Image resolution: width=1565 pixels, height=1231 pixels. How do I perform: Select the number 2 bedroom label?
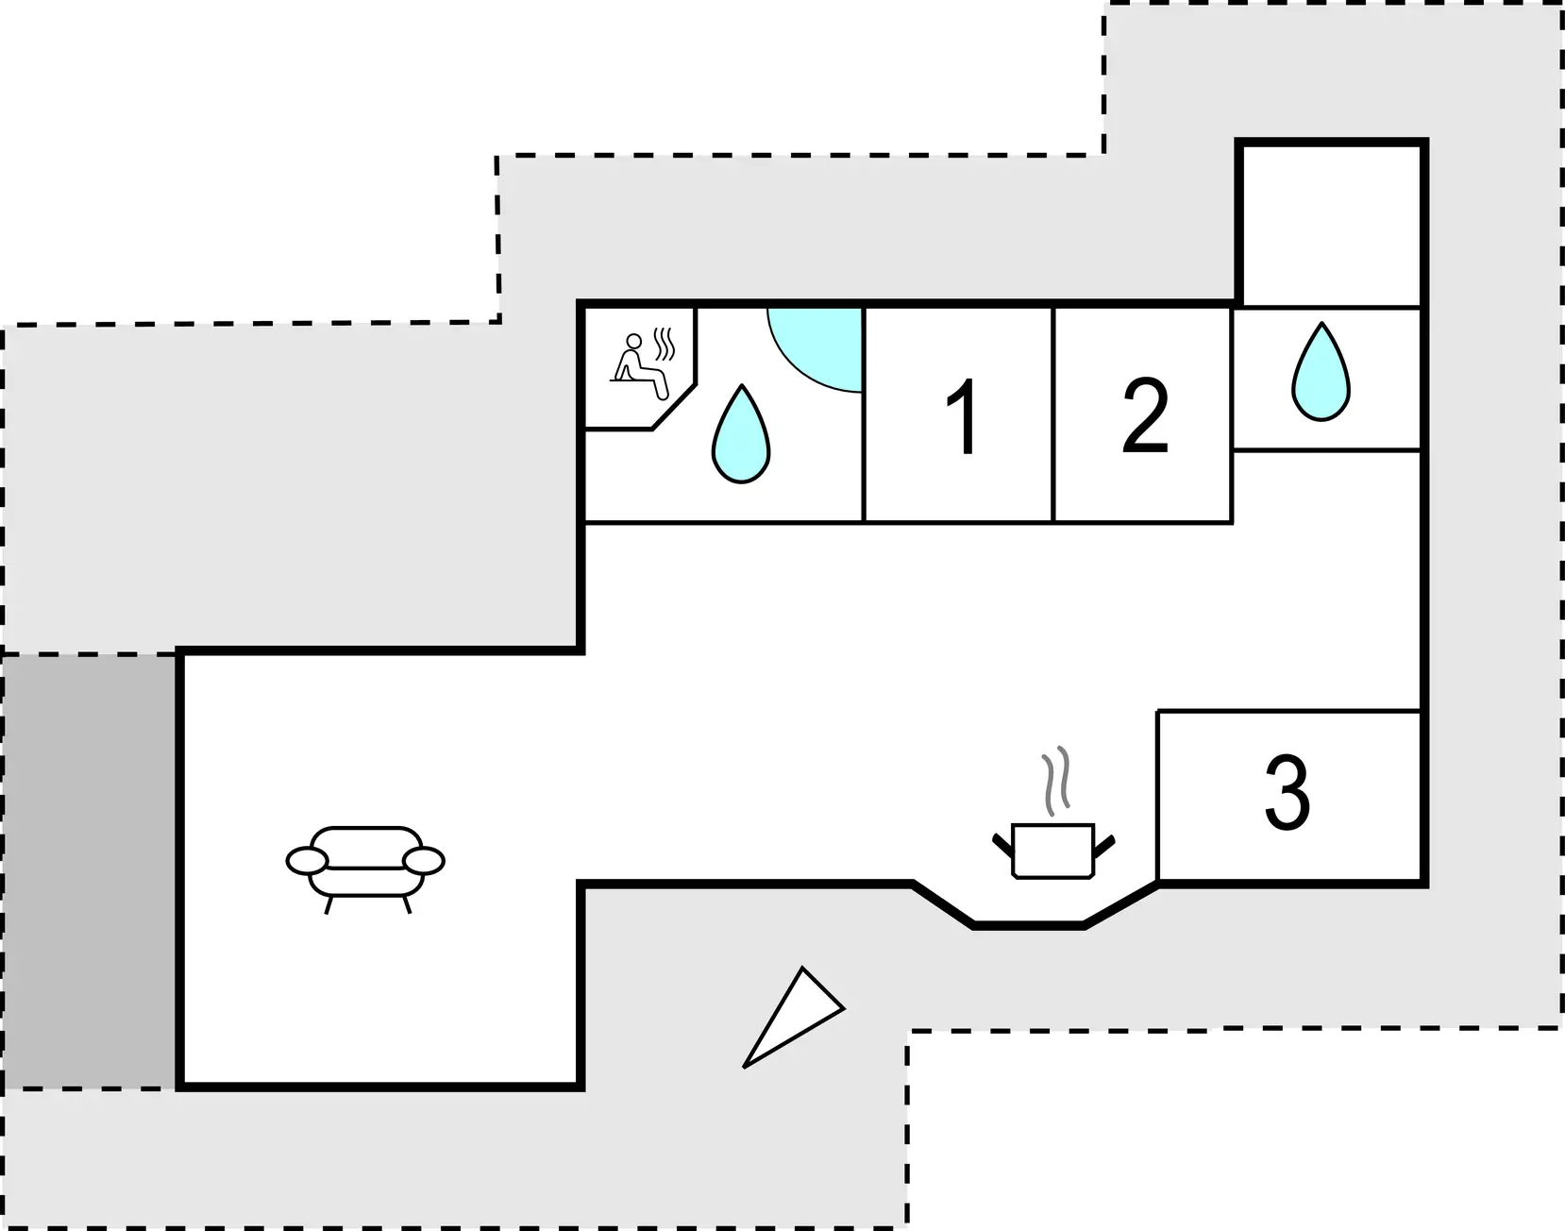click(1145, 416)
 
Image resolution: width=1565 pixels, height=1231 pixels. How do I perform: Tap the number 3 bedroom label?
click(1287, 793)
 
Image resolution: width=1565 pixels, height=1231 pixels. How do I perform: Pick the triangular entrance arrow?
click(794, 1018)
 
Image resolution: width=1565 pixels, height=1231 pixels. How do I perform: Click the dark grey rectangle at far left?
click(90, 870)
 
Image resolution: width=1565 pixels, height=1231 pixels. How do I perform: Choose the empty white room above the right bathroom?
click(1331, 225)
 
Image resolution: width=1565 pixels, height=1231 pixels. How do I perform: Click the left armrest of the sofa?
click(307, 860)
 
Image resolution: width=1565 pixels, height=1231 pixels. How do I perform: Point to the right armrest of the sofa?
click(424, 860)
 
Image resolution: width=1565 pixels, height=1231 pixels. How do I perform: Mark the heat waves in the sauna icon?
click(665, 345)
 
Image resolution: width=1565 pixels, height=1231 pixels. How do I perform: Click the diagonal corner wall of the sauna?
click(674, 407)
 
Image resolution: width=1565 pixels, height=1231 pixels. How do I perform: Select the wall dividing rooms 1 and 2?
click(1052, 414)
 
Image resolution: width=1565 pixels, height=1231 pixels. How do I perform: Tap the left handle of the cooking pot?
click(1003, 844)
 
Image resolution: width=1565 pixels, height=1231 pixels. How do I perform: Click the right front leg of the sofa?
click(407, 905)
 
